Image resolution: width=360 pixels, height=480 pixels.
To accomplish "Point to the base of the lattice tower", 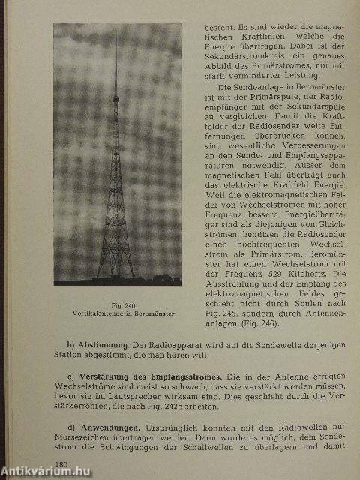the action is [x=115, y=276].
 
